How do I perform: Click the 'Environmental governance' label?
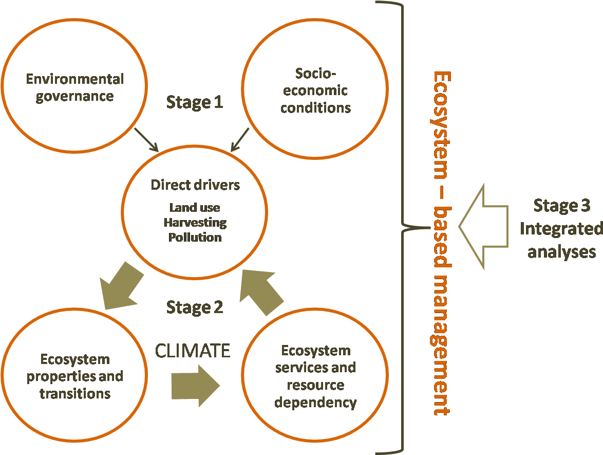click(x=75, y=87)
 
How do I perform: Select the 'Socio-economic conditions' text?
click(x=315, y=90)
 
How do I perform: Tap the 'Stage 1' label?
click(x=194, y=102)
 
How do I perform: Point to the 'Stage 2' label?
click(x=194, y=307)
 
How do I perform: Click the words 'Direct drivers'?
click(x=195, y=185)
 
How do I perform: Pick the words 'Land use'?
click(x=195, y=208)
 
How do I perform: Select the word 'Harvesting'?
click(x=195, y=223)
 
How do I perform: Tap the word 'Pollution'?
click(x=195, y=238)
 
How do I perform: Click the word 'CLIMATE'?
click(x=193, y=351)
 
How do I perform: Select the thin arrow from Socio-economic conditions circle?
click(x=240, y=140)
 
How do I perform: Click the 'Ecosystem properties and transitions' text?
click(x=75, y=376)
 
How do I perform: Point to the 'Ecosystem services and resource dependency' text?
click(x=315, y=376)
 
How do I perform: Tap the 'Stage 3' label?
click(x=561, y=206)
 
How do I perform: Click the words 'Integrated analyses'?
click(x=561, y=240)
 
